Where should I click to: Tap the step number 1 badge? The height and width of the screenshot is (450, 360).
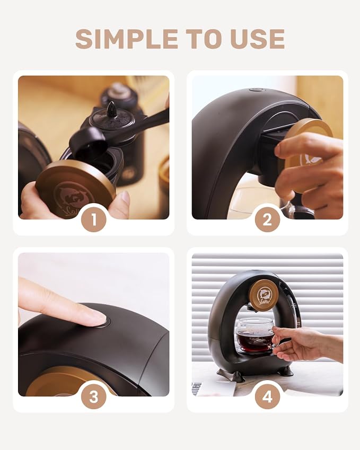(94, 220)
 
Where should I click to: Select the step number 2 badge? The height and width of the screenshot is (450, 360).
(267, 220)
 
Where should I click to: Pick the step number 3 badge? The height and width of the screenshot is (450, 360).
(94, 397)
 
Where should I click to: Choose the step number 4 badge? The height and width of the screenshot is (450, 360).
(267, 397)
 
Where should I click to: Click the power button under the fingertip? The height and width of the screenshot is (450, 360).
(103, 323)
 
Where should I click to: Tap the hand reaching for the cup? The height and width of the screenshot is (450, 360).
(307, 343)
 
